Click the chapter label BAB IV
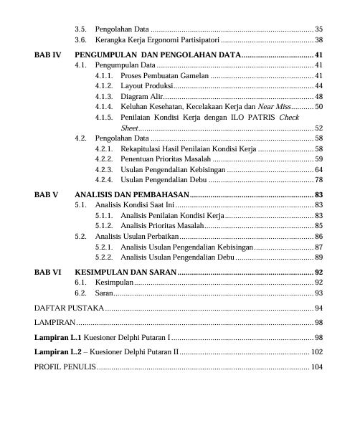48,55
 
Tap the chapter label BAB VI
48,273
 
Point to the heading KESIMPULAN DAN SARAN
125,273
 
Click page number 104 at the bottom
316,367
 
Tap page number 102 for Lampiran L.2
316,352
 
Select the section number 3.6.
80,40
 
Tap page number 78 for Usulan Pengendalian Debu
318,179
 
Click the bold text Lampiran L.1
57,337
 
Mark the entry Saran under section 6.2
104,293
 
